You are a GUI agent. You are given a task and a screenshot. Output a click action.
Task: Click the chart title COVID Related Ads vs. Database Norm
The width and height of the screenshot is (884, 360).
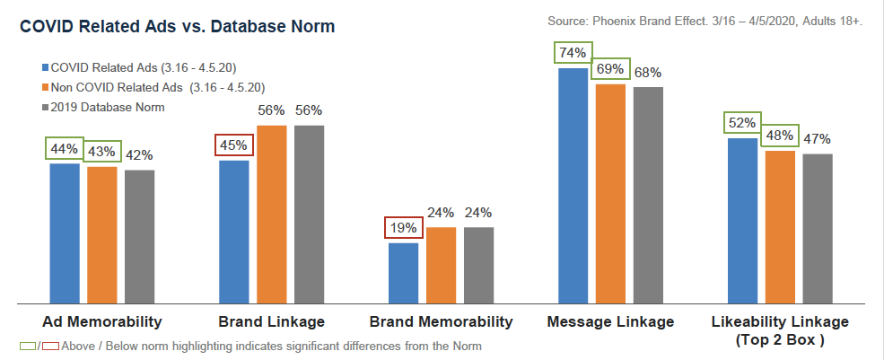click(x=178, y=28)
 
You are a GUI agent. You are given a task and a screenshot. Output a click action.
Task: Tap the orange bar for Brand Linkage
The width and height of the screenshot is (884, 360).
click(x=272, y=215)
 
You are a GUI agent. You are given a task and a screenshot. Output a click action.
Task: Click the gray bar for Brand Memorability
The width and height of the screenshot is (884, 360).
click(x=478, y=265)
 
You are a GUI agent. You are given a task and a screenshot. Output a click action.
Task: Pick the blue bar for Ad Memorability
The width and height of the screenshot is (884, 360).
click(x=65, y=233)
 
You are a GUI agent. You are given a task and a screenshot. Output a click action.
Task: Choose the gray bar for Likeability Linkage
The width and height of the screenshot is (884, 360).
click(x=818, y=229)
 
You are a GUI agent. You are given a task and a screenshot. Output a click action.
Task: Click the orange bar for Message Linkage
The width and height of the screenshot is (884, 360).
click(x=610, y=194)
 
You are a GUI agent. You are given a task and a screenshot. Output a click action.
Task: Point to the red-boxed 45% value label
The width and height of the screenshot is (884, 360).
click(x=234, y=145)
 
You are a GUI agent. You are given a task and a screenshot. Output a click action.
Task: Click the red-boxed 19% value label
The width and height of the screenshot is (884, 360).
click(x=403, y=228)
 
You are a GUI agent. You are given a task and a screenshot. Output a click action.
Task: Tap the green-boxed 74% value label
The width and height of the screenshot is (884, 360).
click(x=573, y=53)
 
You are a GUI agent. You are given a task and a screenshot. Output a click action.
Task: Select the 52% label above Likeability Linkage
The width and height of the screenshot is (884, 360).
click(x=742, y=123)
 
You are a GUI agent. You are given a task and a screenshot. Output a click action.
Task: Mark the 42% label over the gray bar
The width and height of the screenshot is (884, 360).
click(x=140, y=154)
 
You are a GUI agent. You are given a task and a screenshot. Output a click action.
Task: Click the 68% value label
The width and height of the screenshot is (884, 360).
click(x=648, y=72)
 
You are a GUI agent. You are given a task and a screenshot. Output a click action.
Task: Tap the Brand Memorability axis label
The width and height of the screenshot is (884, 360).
click(x=442, y=321)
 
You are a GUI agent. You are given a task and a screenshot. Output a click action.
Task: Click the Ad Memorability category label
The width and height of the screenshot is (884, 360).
click(x=102, y=321)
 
